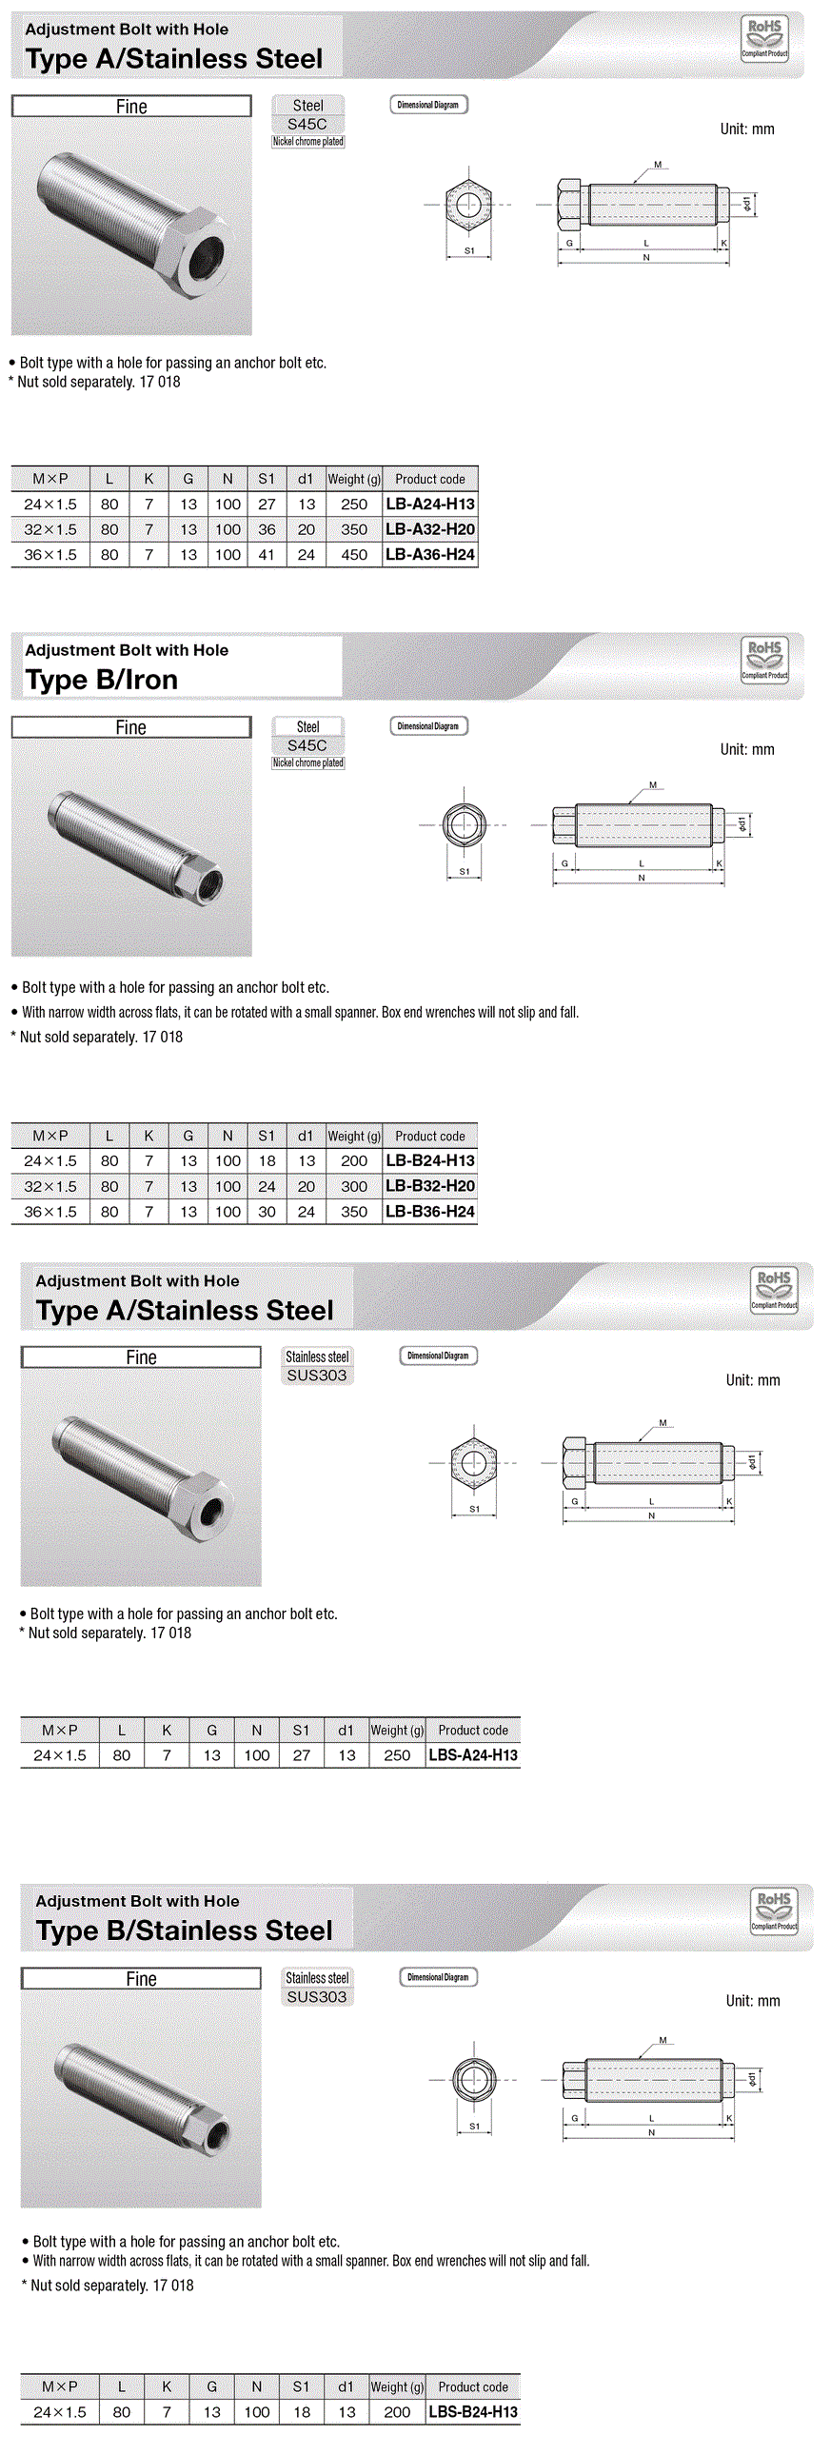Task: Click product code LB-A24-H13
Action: (x=430, y=505)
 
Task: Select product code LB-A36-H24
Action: (x=430, y=555)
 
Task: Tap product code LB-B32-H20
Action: (x=430, y=1186)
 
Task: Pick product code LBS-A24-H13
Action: (x=473, y=1755)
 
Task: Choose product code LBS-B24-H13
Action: (x=473, y=2412)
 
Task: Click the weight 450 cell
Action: (x=353, y=555)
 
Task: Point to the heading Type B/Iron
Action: (x=102, y=680)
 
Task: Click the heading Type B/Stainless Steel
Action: (x=184, y=1930)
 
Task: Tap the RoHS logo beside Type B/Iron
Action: (x=764, y=659)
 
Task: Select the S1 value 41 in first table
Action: (x=267, y=555)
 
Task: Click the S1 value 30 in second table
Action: (x=267, y=1212)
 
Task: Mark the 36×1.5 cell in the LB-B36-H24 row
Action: (x=50, y=1212)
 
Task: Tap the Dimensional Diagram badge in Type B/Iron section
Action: (x=428, y=726)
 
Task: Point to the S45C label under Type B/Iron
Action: (x=307, y=745)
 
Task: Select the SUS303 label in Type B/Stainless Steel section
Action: (x=316, y=1996)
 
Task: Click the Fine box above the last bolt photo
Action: (x=141, y=1978)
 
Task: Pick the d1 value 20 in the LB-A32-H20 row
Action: (x=306, y=530)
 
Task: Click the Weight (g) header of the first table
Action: (x=353, y=480)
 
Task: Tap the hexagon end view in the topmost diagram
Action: (x=468, y=205)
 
